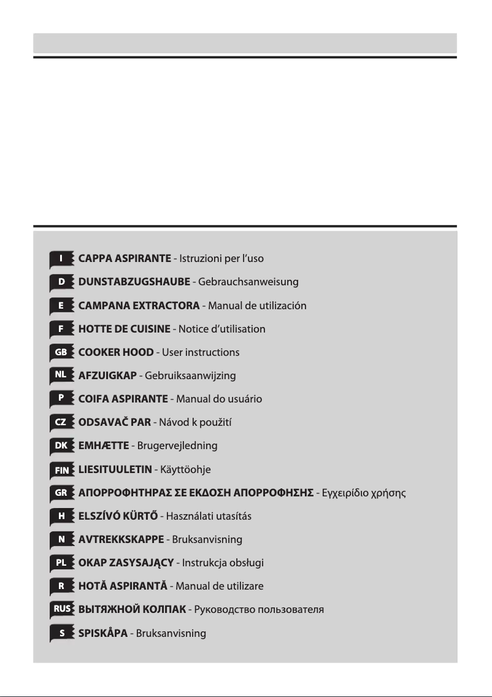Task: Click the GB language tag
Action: click(61, 352)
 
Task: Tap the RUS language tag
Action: click(61, 609)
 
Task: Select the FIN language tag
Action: click(61, 469)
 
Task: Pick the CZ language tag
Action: click(61, 422)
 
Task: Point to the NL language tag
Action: click(61, 375)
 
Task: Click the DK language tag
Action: click(61, 445)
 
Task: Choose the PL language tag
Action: click(61, 562)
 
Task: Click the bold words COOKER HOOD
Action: click(116, 352)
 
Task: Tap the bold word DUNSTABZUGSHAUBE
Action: click(134, 282)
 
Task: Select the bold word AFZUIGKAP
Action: click(107, 375)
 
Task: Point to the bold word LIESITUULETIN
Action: click(115, 469)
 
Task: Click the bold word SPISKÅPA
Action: click(103, 633)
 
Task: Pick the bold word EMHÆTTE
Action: click(104, 445)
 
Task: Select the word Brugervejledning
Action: click(178, 445)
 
